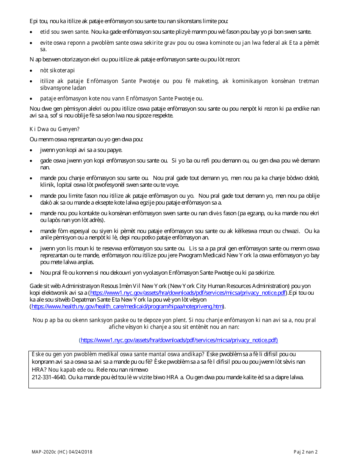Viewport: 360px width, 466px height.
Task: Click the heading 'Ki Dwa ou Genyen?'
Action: click(55, 129)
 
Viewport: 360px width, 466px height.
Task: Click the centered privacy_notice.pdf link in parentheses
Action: click(179, 340)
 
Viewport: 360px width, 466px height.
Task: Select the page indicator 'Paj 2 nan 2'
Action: click(305, 452)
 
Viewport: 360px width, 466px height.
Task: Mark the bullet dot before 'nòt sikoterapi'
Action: click(31, 71)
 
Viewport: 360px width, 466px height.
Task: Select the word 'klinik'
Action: click(47, 185)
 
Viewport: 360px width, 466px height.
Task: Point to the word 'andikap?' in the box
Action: click(190, 354)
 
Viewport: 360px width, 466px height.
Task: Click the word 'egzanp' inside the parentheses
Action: click(257, 214)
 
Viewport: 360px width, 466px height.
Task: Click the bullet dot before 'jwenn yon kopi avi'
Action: click(31, 150)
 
